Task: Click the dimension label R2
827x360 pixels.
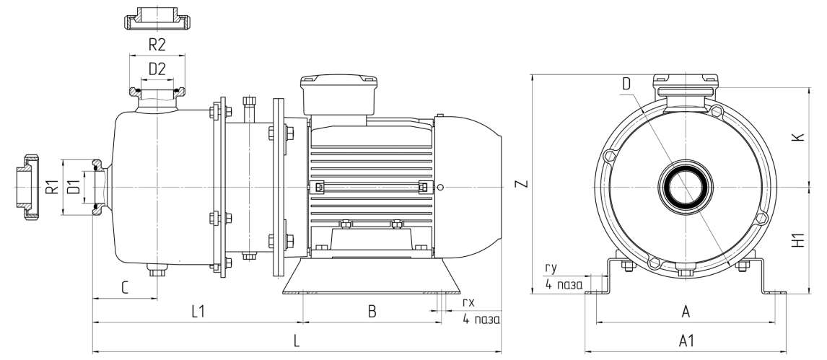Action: point(157,45)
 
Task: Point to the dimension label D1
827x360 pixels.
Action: point(73,188)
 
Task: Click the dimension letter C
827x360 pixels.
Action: point(124,288)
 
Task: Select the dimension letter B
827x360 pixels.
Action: point(372,311)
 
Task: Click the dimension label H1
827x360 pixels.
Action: point(797,240)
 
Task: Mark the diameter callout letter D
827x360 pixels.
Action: point(626,84)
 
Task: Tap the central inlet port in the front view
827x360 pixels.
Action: point(686,188)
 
